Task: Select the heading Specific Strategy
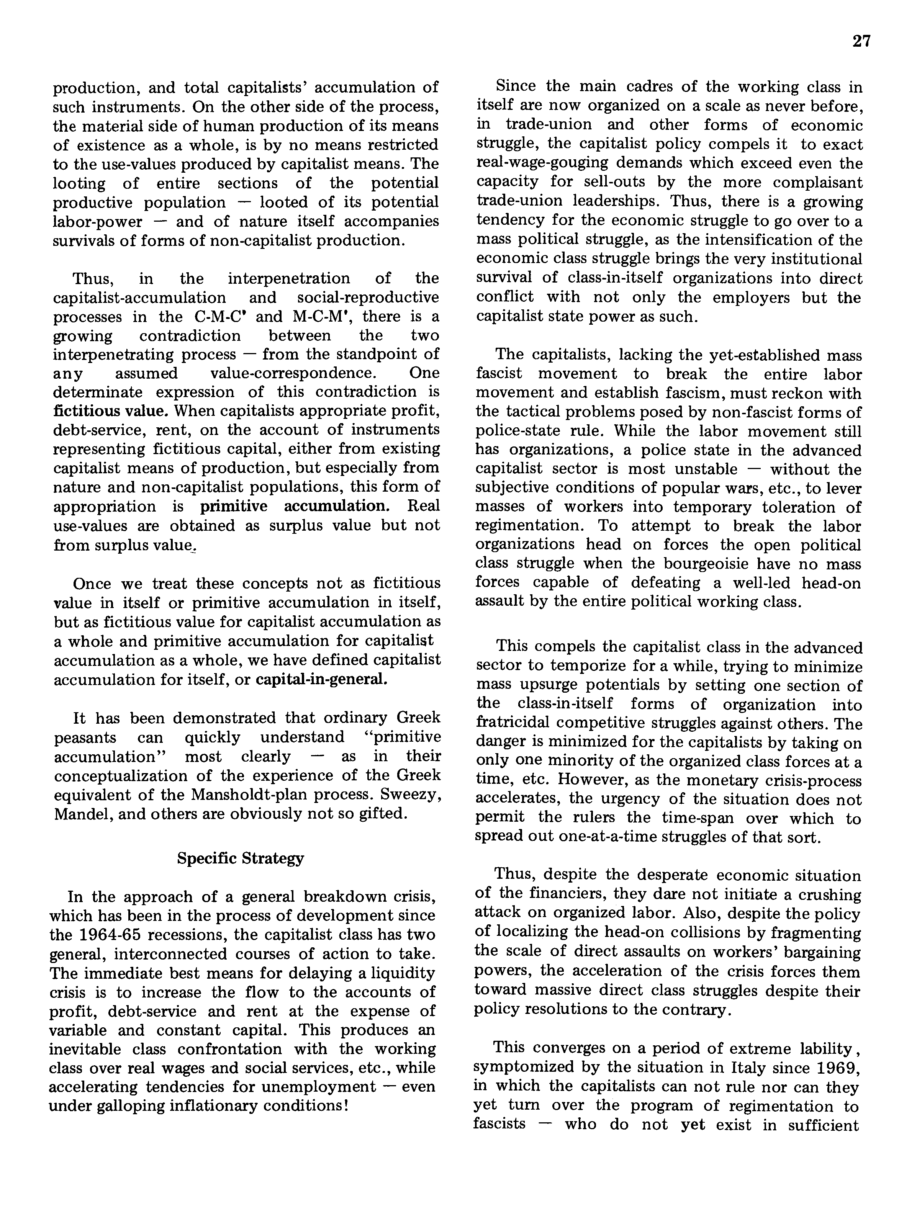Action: [240, 858]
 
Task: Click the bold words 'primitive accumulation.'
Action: [295, 506]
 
